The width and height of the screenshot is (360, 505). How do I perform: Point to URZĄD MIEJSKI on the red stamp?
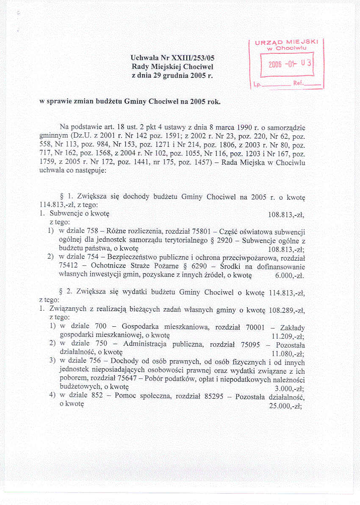pos(287,42)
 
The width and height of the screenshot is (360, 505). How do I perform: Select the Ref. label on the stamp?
pos(299,83)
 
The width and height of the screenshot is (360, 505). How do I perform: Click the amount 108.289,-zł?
pos(287,310)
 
